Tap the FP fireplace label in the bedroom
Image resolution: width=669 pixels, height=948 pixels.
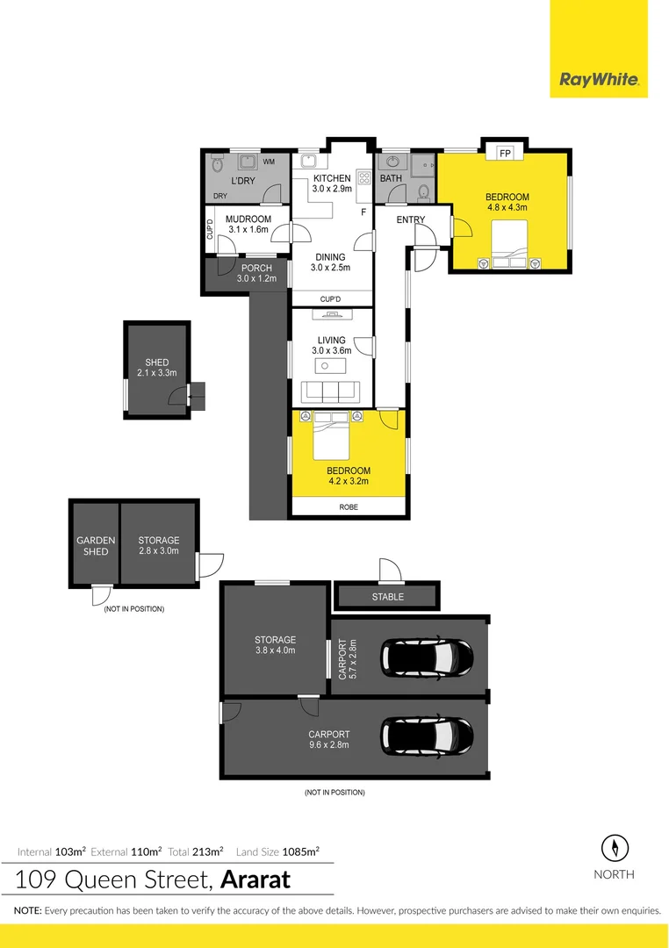tap(505, 153)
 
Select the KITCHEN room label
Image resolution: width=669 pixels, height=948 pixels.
tap(332, 178)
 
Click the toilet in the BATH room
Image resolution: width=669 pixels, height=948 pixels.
tap(423, 190)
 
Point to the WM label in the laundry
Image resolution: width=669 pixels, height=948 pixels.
tap(269, 162)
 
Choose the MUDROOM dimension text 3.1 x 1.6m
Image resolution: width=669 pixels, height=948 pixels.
tap(248, 230)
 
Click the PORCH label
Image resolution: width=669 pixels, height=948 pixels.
tap(255, 269)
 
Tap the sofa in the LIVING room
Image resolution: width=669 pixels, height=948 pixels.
tap(332, 391)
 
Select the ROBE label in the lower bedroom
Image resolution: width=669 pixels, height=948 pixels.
tap(348, 507)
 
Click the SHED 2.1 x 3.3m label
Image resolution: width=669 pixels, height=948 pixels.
tap(157, 368)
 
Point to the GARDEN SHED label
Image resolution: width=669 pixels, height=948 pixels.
tap(96, 546)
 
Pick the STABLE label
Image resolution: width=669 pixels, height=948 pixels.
tap(387, 597)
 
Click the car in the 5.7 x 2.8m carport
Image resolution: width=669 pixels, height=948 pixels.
tap(427, 656)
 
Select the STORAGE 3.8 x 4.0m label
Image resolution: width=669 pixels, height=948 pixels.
tap(275, 645)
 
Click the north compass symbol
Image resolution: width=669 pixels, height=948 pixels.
tap(615, 848)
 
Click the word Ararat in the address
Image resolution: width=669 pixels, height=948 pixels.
tap(255, 879)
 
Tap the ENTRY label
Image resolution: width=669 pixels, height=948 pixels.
tap(410, 219)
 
